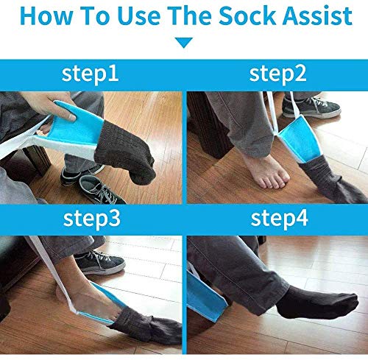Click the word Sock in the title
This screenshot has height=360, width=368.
tap(248, 16)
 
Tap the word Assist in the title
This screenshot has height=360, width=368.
tap(318, 16)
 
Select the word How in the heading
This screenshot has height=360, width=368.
tap(46, 16)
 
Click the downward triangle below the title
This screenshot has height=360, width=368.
tap(184, 43)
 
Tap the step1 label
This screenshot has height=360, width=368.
tap(91, 74)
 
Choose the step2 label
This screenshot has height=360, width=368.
tap(277, 74)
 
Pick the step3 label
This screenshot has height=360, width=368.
tap(92, 219)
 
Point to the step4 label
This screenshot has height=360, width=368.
tap(279, 219)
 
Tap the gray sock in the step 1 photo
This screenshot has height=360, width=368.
tap(125, 152)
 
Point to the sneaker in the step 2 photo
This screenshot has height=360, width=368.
tap(311, 107)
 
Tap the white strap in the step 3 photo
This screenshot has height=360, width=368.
tap(53, 275)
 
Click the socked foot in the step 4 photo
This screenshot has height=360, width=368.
tap(316, 303)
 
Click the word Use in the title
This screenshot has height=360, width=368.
tap(138, 16)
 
